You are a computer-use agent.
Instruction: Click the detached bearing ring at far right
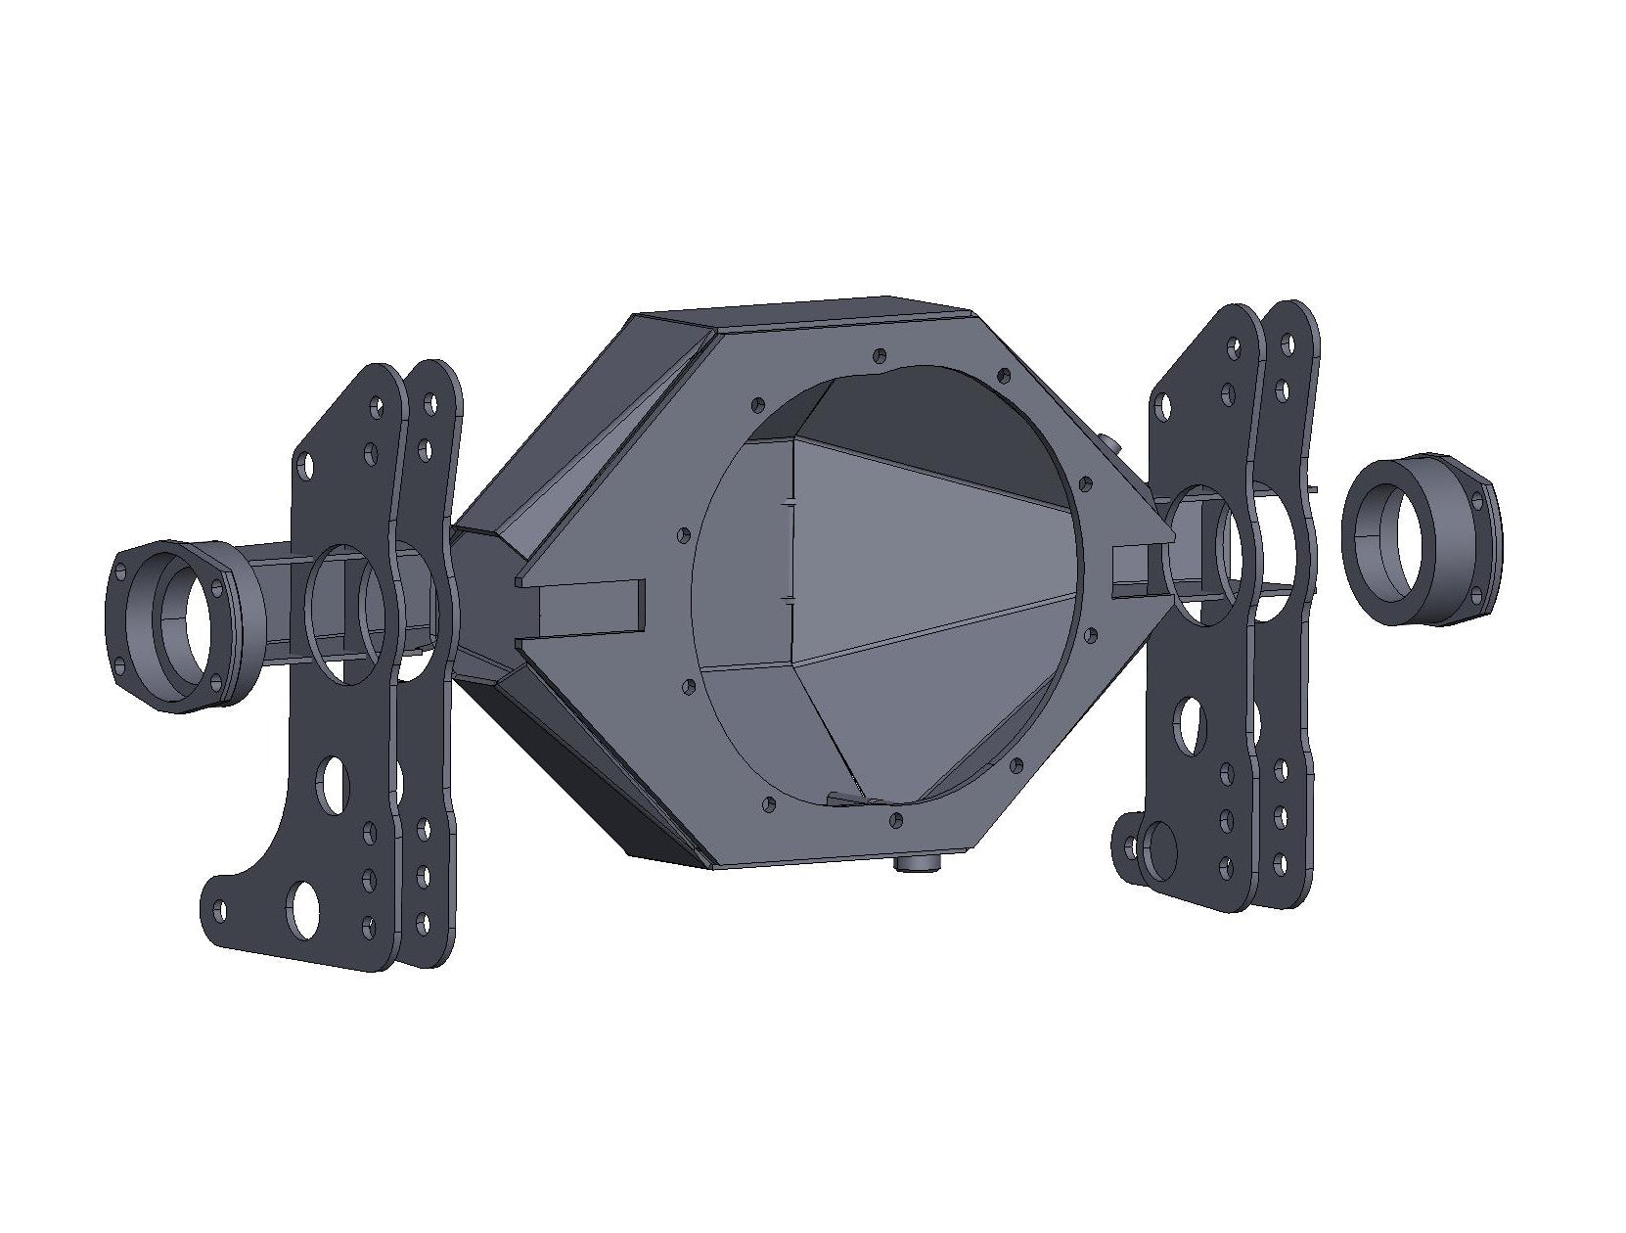point(1421,540)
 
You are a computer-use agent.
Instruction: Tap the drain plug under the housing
point(918,862)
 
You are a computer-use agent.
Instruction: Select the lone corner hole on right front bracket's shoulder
point(1164,403)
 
